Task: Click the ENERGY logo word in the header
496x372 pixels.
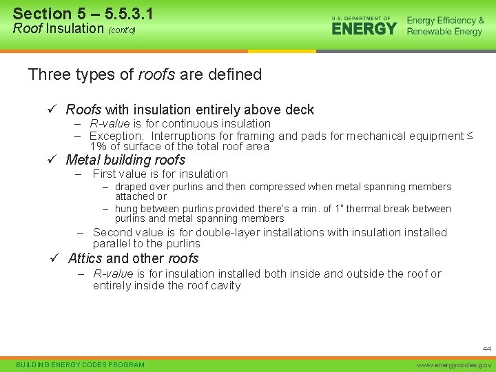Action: pos(364,28)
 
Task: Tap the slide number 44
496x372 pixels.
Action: pos(486,349)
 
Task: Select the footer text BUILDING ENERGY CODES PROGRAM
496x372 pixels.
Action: pos(80,364)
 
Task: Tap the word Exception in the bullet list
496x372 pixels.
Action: pos(118,136)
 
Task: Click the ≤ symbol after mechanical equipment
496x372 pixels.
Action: pos(470,136)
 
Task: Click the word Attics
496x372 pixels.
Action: pos(85,258)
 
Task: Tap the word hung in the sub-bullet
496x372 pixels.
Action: pos(127,209)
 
